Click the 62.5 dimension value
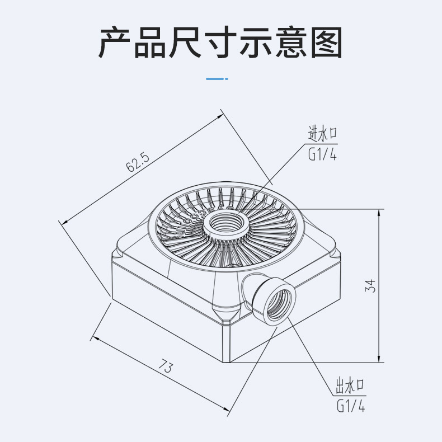pyautogui.click(x=137, y=163)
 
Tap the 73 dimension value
pyautogui.click(x=166, y=366)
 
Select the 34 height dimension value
pyautogui.click(x=370, y=286)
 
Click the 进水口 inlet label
pyautogui.click(x=322, y=134)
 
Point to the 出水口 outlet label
pyautogui.click(x=350, y=385)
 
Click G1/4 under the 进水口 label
pyautogui.click(x=322, y=154)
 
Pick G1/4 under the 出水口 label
pyautogui.click(x=351, y=406)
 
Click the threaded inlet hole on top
pyautogui.click(x=227, y=224)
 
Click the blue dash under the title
pyautogui.click(x=217, y=79)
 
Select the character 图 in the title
pyautogui.click(x=327, y=43)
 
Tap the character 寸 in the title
pyautogui.click(x=220, y=43)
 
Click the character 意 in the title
pyautogui.click(x=291, y=43)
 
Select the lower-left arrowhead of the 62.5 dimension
pyautogui.click(x=65, y=222)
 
